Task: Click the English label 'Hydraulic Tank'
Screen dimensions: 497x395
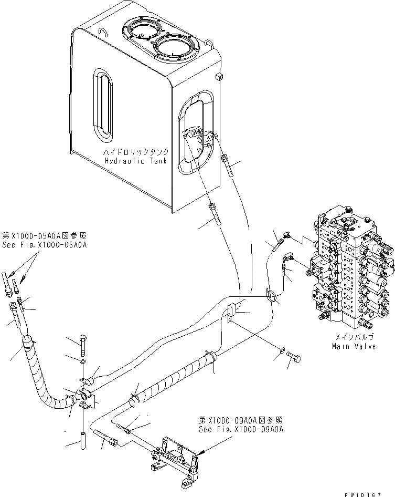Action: pos(135,160)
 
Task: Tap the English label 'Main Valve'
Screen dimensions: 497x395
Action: pos(354,346)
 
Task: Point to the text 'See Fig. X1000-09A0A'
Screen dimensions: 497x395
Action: pos(241,429)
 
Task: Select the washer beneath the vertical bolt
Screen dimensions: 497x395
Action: pos(82,362)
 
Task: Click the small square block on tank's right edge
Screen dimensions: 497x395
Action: pos(218,77)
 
